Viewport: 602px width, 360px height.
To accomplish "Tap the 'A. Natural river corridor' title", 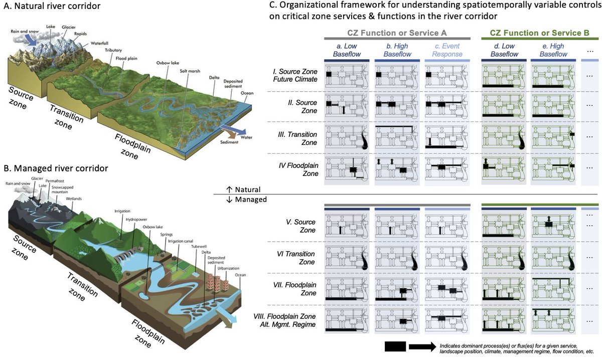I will [x=58, y=8].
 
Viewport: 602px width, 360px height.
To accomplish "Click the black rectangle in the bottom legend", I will [x=395, y=347].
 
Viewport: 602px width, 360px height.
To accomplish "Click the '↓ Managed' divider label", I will [x=247, y=199].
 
